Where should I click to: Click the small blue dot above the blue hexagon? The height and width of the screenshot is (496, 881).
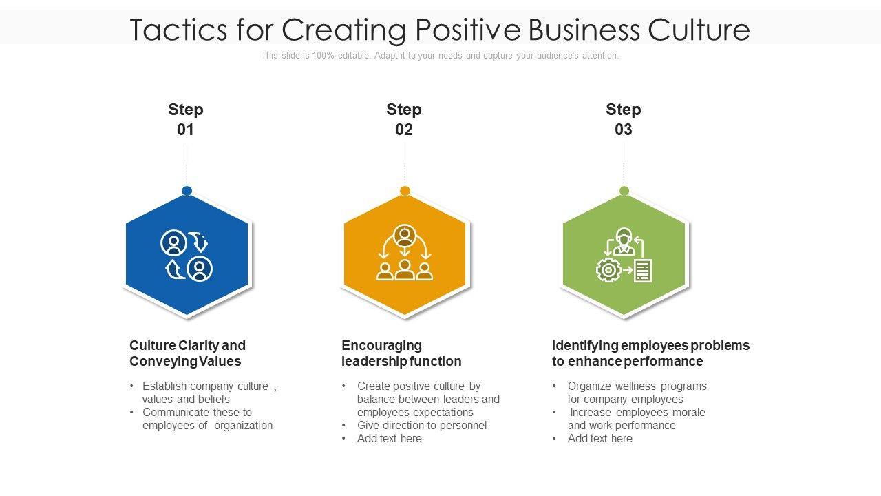[x=187, y=191]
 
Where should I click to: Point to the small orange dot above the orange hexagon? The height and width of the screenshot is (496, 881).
[x=405, y=191]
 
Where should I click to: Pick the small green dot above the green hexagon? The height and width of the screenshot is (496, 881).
[x=624, y=191]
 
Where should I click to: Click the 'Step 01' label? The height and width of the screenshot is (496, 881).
[x=186, y=119]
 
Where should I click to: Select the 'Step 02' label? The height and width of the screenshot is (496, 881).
[x=404, y=119]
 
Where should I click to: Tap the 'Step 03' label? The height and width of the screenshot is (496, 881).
[x=624, y=119]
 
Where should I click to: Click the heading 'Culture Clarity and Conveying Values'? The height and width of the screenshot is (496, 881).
[x=187, y=353]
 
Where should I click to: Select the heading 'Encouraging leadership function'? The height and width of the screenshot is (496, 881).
[x=401, y=353]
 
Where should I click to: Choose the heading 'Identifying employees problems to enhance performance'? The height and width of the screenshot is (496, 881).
[x=650, y=353]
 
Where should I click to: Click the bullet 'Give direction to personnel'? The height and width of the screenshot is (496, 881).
[x=422, y=425]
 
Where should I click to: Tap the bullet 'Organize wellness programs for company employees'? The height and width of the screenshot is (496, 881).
[x=637, y=393]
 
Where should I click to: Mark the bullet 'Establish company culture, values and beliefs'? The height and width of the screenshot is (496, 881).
[x=209, y=393]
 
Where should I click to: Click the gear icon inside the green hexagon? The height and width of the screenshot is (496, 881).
[x=608, y=270]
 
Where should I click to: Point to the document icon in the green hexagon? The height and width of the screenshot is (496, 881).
[x=642, y=271]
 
